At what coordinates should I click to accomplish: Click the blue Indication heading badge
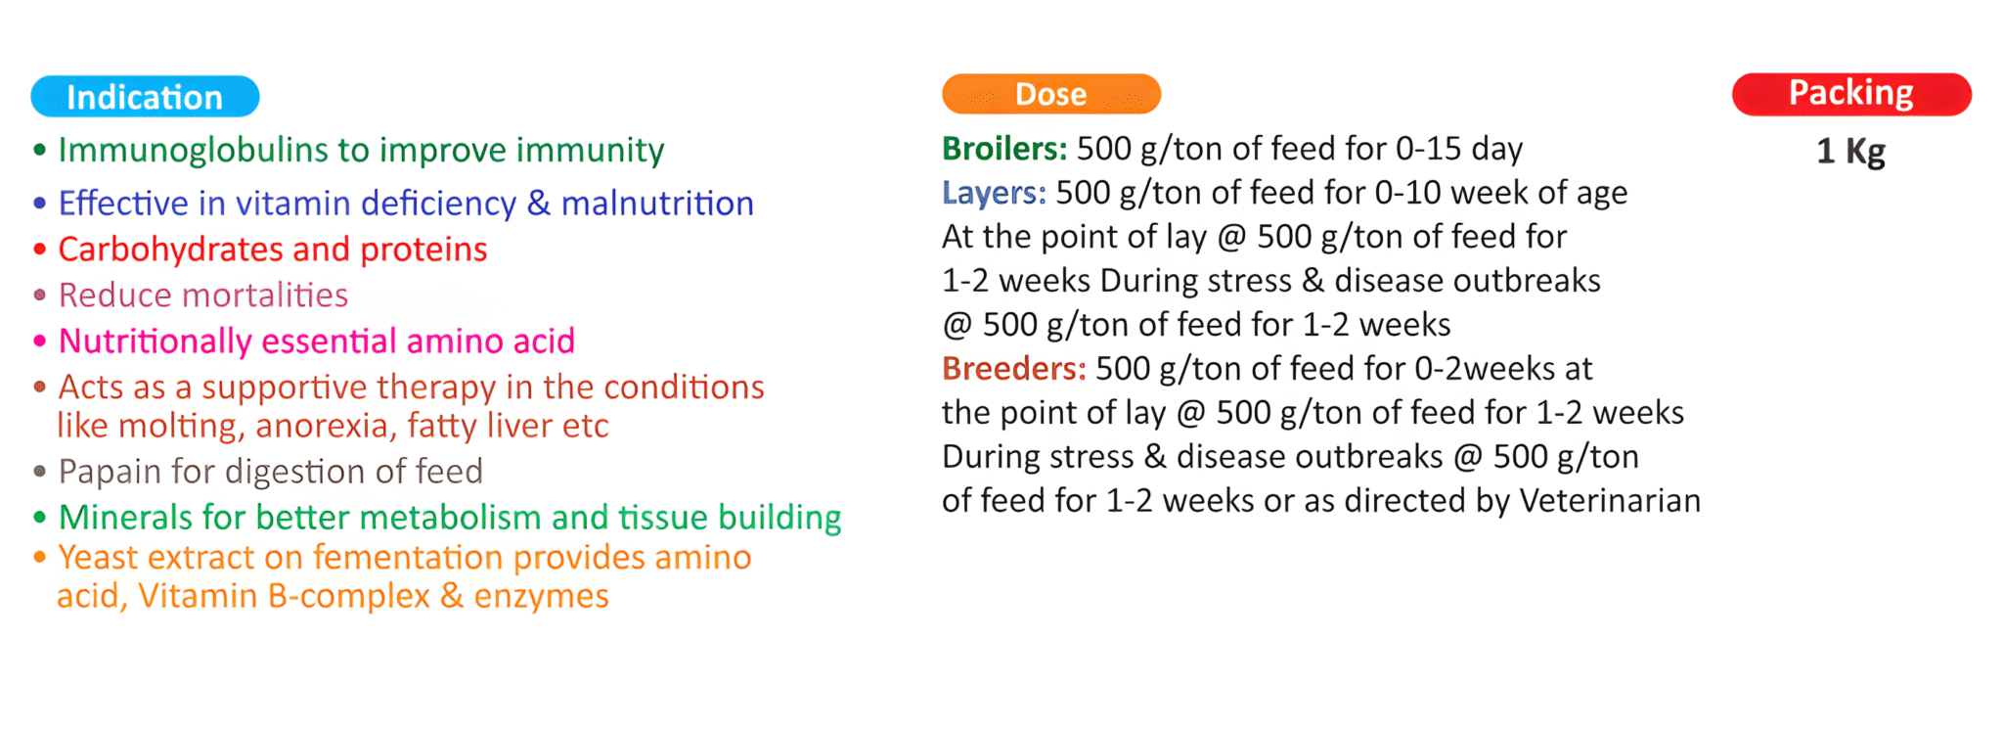145,97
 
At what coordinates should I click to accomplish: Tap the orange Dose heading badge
1051,94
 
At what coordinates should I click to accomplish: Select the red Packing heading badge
1851,94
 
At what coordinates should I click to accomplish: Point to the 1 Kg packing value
1850,152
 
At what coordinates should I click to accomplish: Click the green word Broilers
1004,149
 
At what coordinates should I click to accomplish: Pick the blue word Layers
994,194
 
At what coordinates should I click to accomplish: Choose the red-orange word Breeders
1014,369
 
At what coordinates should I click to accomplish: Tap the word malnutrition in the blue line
657,204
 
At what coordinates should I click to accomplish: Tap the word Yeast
99,558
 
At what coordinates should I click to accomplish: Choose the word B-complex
347,597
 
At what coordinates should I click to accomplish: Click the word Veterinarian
1610,501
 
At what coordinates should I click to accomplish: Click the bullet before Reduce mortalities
39,295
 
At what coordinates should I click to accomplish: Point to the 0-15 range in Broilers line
1428,149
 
